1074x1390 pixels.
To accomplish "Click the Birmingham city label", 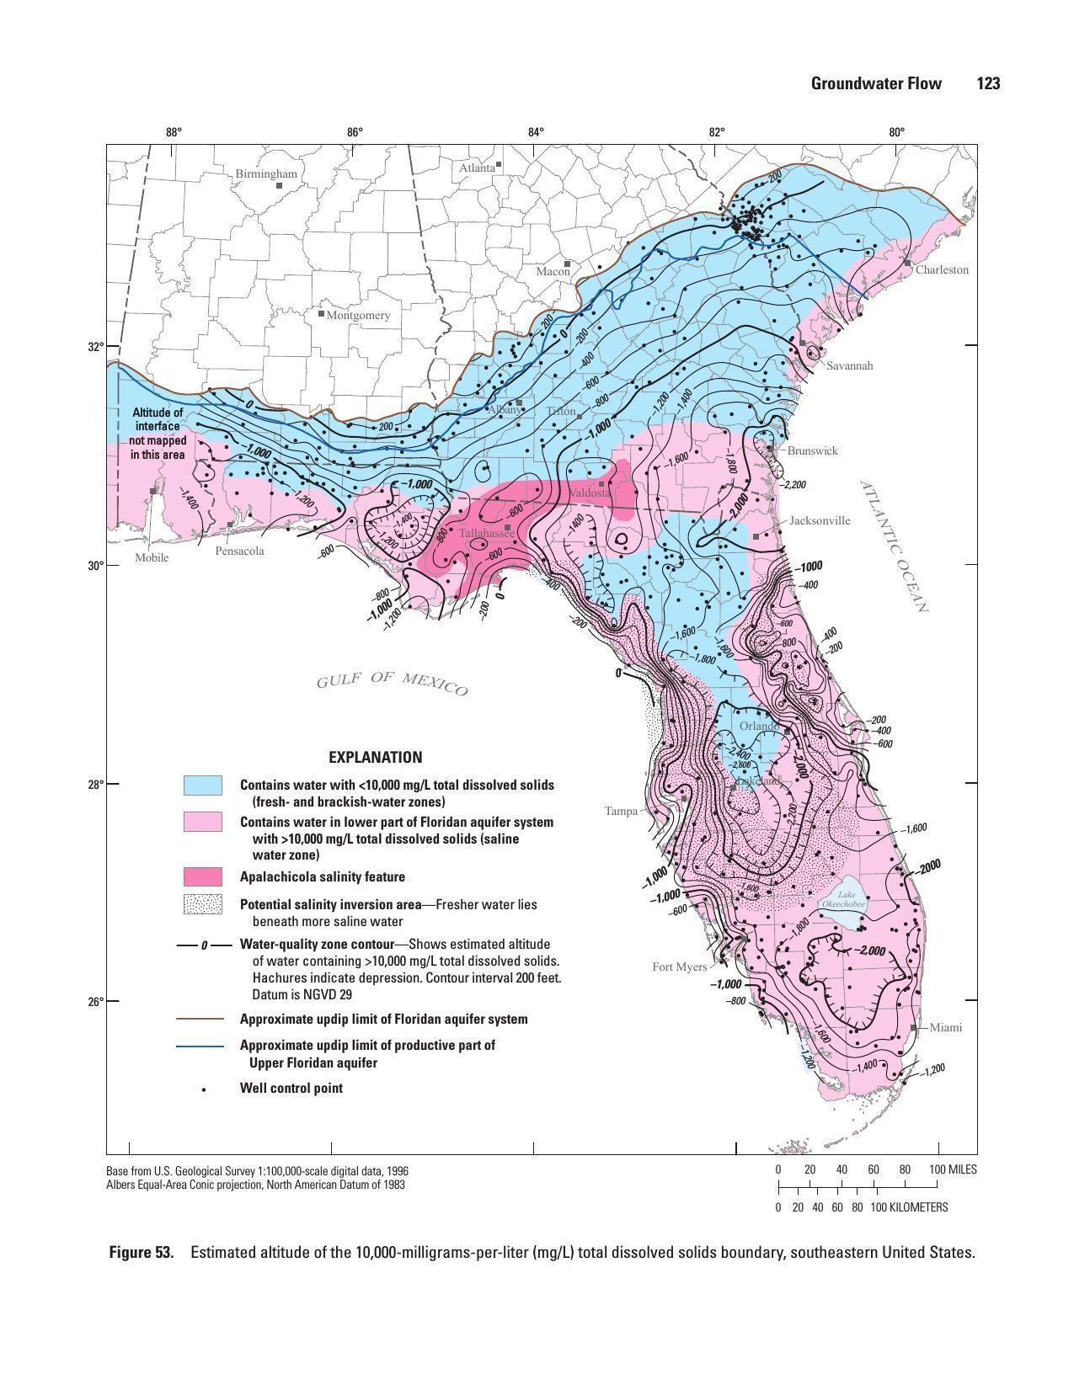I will coord(266,173).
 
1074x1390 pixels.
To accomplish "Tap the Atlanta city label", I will coord(477,168).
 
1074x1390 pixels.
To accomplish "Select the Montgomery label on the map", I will coord(358,315).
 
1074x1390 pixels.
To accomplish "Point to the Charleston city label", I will coord(942,269).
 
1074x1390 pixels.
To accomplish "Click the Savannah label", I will coord(849,365).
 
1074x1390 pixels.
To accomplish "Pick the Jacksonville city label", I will coord(819,520).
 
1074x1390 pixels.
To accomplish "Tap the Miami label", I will coord(946,1027).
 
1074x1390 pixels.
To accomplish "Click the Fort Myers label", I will coord(679,967).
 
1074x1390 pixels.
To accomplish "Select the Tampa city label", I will coord(621,811).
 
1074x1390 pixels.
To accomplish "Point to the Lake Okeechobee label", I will coord(845,898).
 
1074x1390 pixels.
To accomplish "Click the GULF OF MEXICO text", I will coord(392,684).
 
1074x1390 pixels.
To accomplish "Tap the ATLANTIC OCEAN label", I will coord(894,546).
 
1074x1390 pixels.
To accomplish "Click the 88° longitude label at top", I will coord(174,131).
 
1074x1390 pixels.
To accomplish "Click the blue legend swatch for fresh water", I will coord(203,786).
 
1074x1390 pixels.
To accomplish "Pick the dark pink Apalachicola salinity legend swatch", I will coord(203,876).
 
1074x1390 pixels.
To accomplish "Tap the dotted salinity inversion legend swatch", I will coord(203,905).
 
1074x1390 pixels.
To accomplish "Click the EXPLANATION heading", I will coord(375,757).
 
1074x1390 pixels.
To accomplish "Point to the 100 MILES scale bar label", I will coord(953,1169).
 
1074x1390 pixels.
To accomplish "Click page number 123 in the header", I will coord(988,83).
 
